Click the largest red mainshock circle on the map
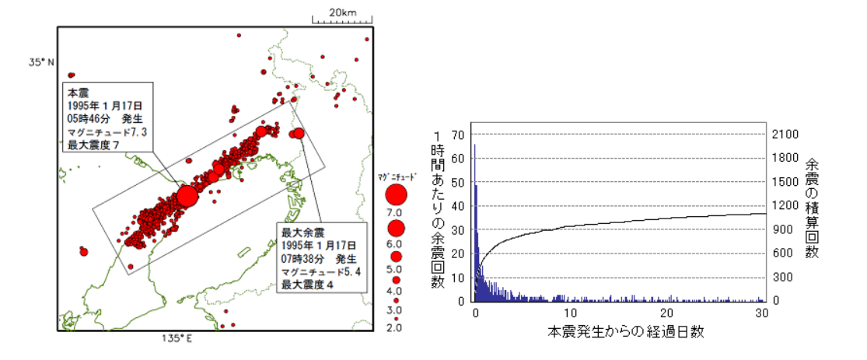click(x=187, y=195)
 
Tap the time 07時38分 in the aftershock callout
click(x=304, y=258)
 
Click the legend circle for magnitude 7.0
click(x=396, y=194)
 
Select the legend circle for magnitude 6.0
click(x=396, y=229)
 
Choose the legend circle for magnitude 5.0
click(x=396, y=256)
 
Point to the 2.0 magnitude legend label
click(x=393, y=327)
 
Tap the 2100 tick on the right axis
click(x=782, y=135)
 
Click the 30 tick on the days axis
click(x=763, y=313)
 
